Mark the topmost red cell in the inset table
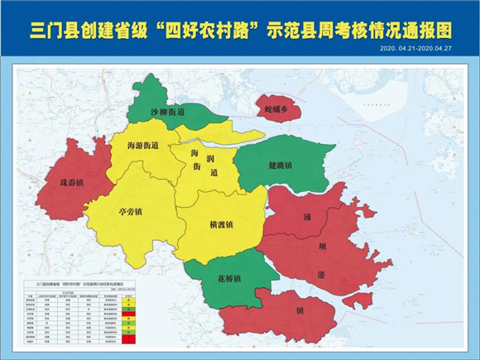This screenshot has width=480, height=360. tap(127, 314)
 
